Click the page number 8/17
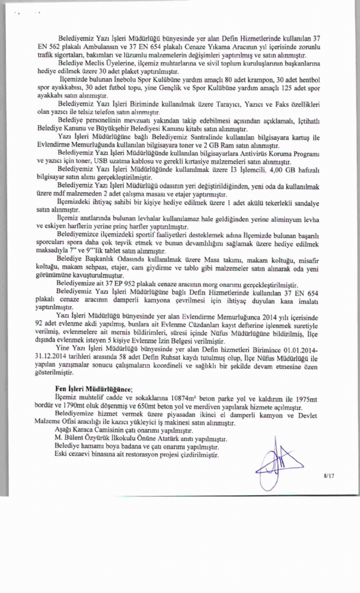(x=329, y=475)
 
